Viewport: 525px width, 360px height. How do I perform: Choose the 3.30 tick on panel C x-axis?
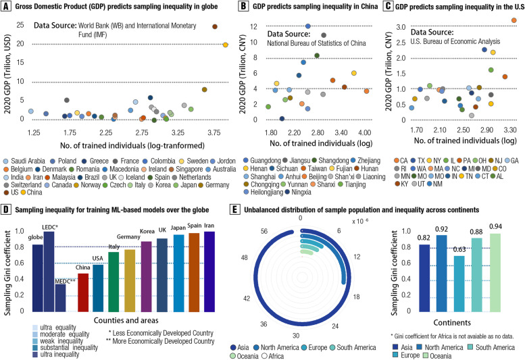(x=509, y=128)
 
